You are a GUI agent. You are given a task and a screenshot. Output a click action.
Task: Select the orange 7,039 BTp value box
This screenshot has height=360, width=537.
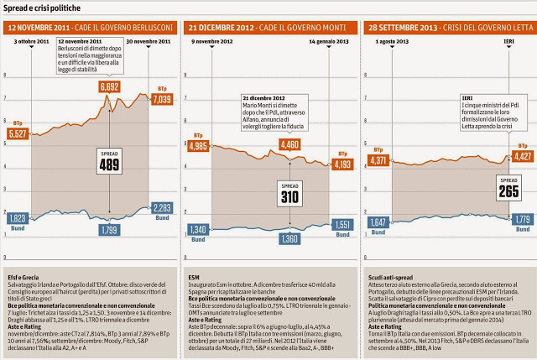pos(162,99)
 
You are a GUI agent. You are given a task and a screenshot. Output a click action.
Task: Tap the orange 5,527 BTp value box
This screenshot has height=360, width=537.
pos(18,133)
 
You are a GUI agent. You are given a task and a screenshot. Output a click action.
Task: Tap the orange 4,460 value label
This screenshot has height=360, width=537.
pos(289,144)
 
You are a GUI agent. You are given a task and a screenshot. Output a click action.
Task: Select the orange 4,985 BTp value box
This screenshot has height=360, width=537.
pos(198,145)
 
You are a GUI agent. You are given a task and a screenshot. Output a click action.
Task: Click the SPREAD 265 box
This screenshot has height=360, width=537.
pos(508,189)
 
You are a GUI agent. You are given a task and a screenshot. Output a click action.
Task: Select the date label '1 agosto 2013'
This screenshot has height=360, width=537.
pos(383,41)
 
